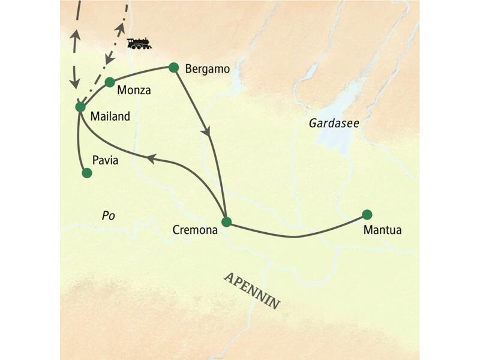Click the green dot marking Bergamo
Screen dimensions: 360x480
click(174, 67)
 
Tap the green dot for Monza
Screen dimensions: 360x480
click(110, 82)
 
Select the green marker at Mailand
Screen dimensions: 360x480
click(80, 107)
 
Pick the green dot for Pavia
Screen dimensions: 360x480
click(86, 173)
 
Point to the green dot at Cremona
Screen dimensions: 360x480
click(226, 221)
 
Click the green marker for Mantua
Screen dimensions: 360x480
click(367, 214)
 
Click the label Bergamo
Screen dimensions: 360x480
click(208, 69)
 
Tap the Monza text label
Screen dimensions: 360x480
click(134, 91)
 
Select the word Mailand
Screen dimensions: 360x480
click(110, 117)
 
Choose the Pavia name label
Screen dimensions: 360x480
click(106, 161)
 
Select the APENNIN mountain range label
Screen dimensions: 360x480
click(252, 291)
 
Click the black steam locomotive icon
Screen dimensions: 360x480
click(139, 43)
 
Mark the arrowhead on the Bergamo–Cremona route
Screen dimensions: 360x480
click(208, 131)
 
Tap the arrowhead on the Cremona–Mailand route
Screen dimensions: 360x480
click(151, 158)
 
